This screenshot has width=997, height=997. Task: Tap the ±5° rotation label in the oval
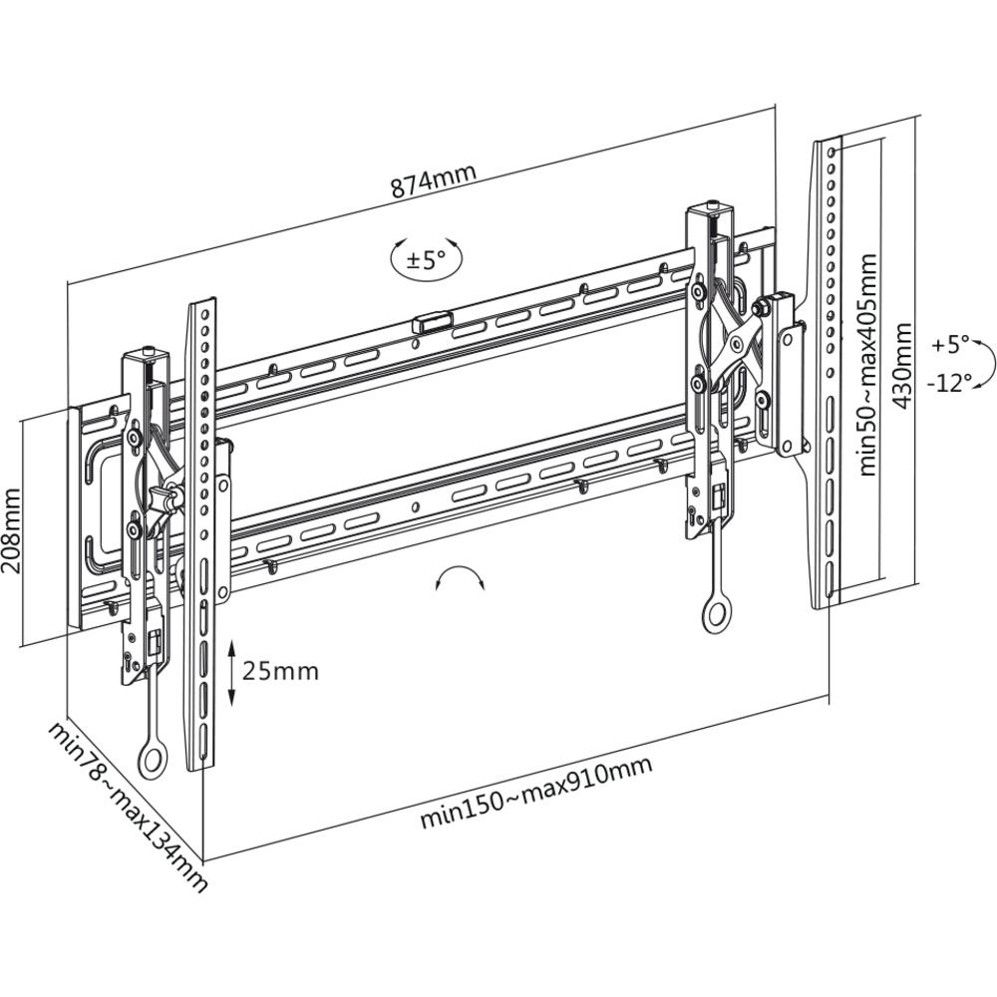pos(426,260)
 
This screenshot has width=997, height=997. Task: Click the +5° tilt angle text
pos(950,345)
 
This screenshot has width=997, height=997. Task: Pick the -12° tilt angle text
pos(948,383)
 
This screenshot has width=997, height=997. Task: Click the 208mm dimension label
pos(12,529)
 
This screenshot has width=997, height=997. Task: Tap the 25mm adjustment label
pos(281,671)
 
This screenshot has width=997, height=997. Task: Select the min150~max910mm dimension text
pos(535,792)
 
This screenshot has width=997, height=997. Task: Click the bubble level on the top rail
pos(432,322)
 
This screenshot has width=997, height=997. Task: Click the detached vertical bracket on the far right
pos(828,374)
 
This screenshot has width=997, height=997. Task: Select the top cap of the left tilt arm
pos(147,354)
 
